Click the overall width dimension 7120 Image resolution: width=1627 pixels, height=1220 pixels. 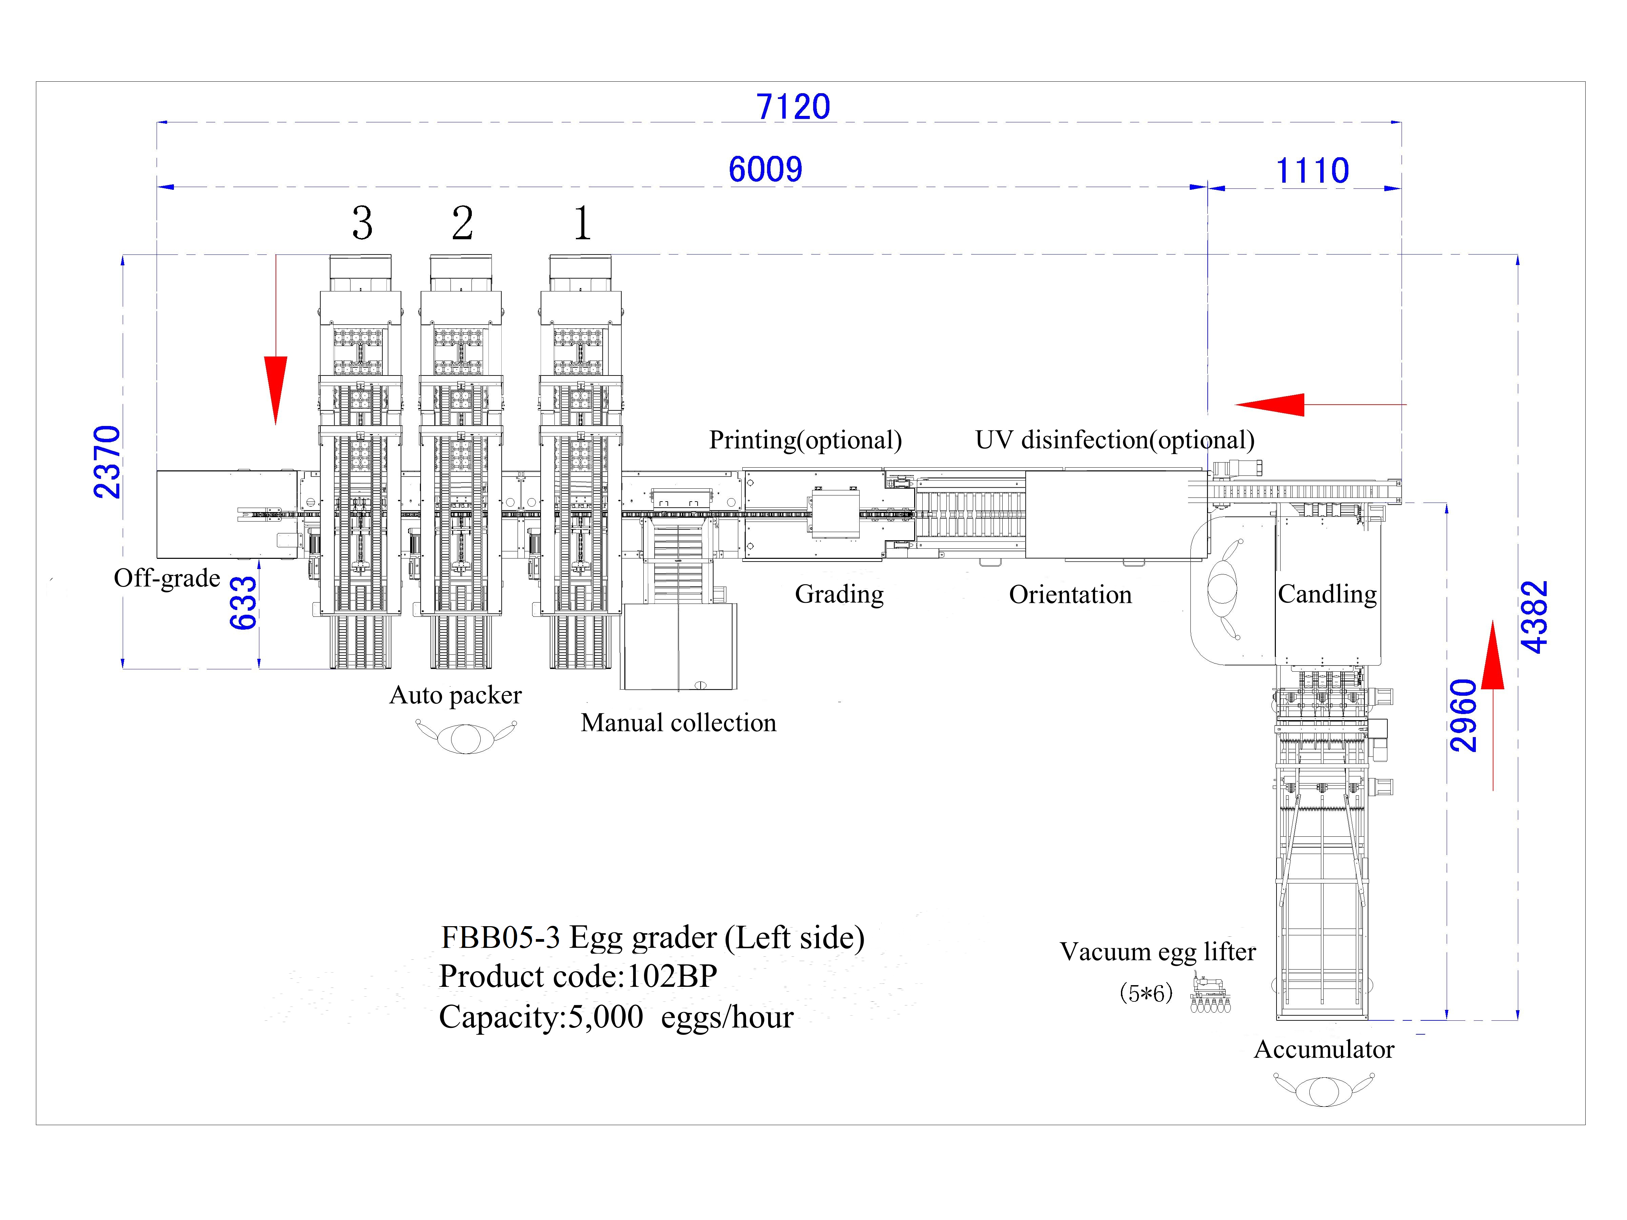793,107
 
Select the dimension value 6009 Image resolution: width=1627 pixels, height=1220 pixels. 765,170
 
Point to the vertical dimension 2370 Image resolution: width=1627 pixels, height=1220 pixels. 107,462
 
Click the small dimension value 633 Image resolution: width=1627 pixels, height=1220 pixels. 243,603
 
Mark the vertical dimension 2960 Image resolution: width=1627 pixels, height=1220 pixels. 1463,715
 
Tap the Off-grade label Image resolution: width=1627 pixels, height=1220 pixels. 167,578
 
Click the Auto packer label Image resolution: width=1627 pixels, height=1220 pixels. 455,695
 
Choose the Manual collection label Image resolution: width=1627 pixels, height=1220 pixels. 678,723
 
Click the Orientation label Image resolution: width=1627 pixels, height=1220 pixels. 1070,594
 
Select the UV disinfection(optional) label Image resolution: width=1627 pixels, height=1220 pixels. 1114,440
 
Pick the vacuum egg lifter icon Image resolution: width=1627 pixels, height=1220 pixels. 1210,994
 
